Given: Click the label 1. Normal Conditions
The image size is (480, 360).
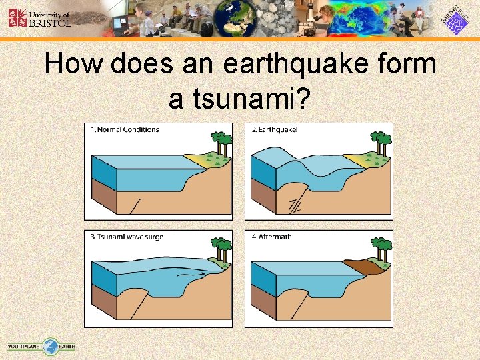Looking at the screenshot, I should (x=125, y=129).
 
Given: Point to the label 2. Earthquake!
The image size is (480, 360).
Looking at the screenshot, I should (x=275, y=129).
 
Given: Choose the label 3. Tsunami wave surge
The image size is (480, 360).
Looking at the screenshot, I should (x=127, y=237).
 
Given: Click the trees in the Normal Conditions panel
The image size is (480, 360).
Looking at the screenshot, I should (x=221, y=143).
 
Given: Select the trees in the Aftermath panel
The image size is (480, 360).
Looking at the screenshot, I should (x=382, y=248).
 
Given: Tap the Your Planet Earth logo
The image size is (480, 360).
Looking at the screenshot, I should (x=41, y=346).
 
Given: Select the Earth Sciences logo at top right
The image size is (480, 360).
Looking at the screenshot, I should (x=458, y=19).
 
